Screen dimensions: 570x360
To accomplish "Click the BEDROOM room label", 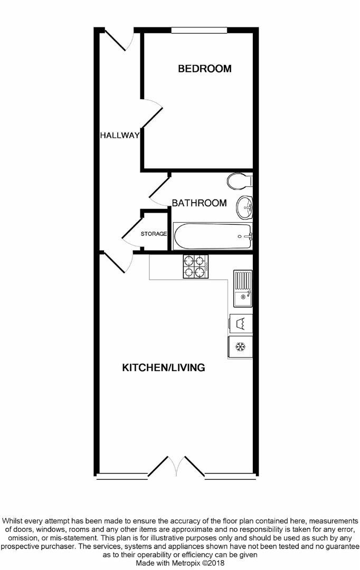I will tap(205, 69).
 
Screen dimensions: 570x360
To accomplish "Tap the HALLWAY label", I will tap(120, 135).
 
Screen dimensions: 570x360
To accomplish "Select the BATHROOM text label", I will tap(199, 203).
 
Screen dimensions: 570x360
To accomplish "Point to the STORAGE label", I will tap(154, 233).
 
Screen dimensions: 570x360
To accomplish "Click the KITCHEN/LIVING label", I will tap(164, 367).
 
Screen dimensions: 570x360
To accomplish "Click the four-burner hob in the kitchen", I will tap(195, 267).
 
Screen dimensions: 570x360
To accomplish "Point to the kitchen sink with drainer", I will tap(243, 288).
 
